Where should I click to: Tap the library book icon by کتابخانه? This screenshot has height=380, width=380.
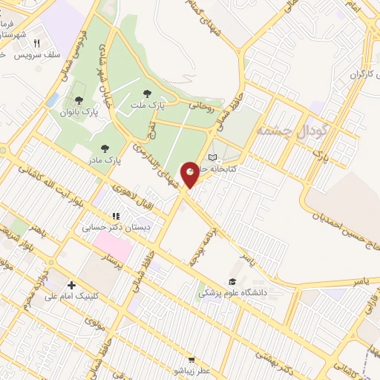pyautogui.click(x=214, y=157)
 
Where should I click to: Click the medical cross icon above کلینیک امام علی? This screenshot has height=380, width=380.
pyautogui.click(x=71, y=284)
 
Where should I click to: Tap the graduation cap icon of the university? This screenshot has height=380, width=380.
pyautogui.click(x=232, y=281)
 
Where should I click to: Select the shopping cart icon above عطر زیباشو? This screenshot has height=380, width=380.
pyautogui.click(x=191, y=358)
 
